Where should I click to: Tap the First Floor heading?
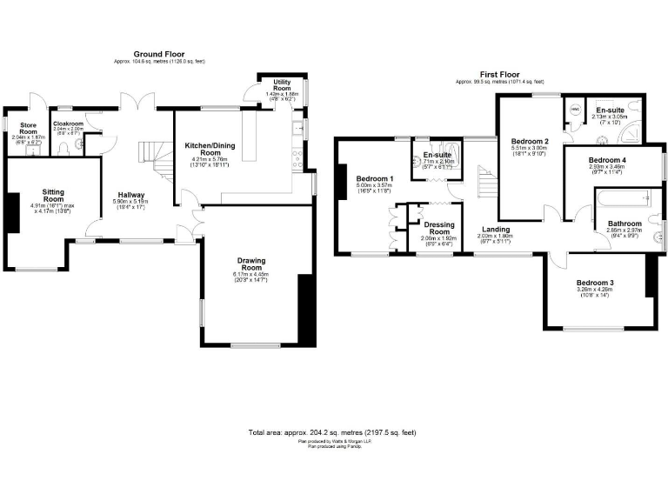click(506, 76)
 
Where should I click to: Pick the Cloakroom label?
click(67, 124)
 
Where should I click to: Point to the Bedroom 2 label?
click(530, 142)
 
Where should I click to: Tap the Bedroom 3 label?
click(594, 284)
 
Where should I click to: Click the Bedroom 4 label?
click(606, 161)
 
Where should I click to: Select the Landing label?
click(495, 230)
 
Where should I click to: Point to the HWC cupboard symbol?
click(573, 110)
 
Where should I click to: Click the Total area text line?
click(333, 432)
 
